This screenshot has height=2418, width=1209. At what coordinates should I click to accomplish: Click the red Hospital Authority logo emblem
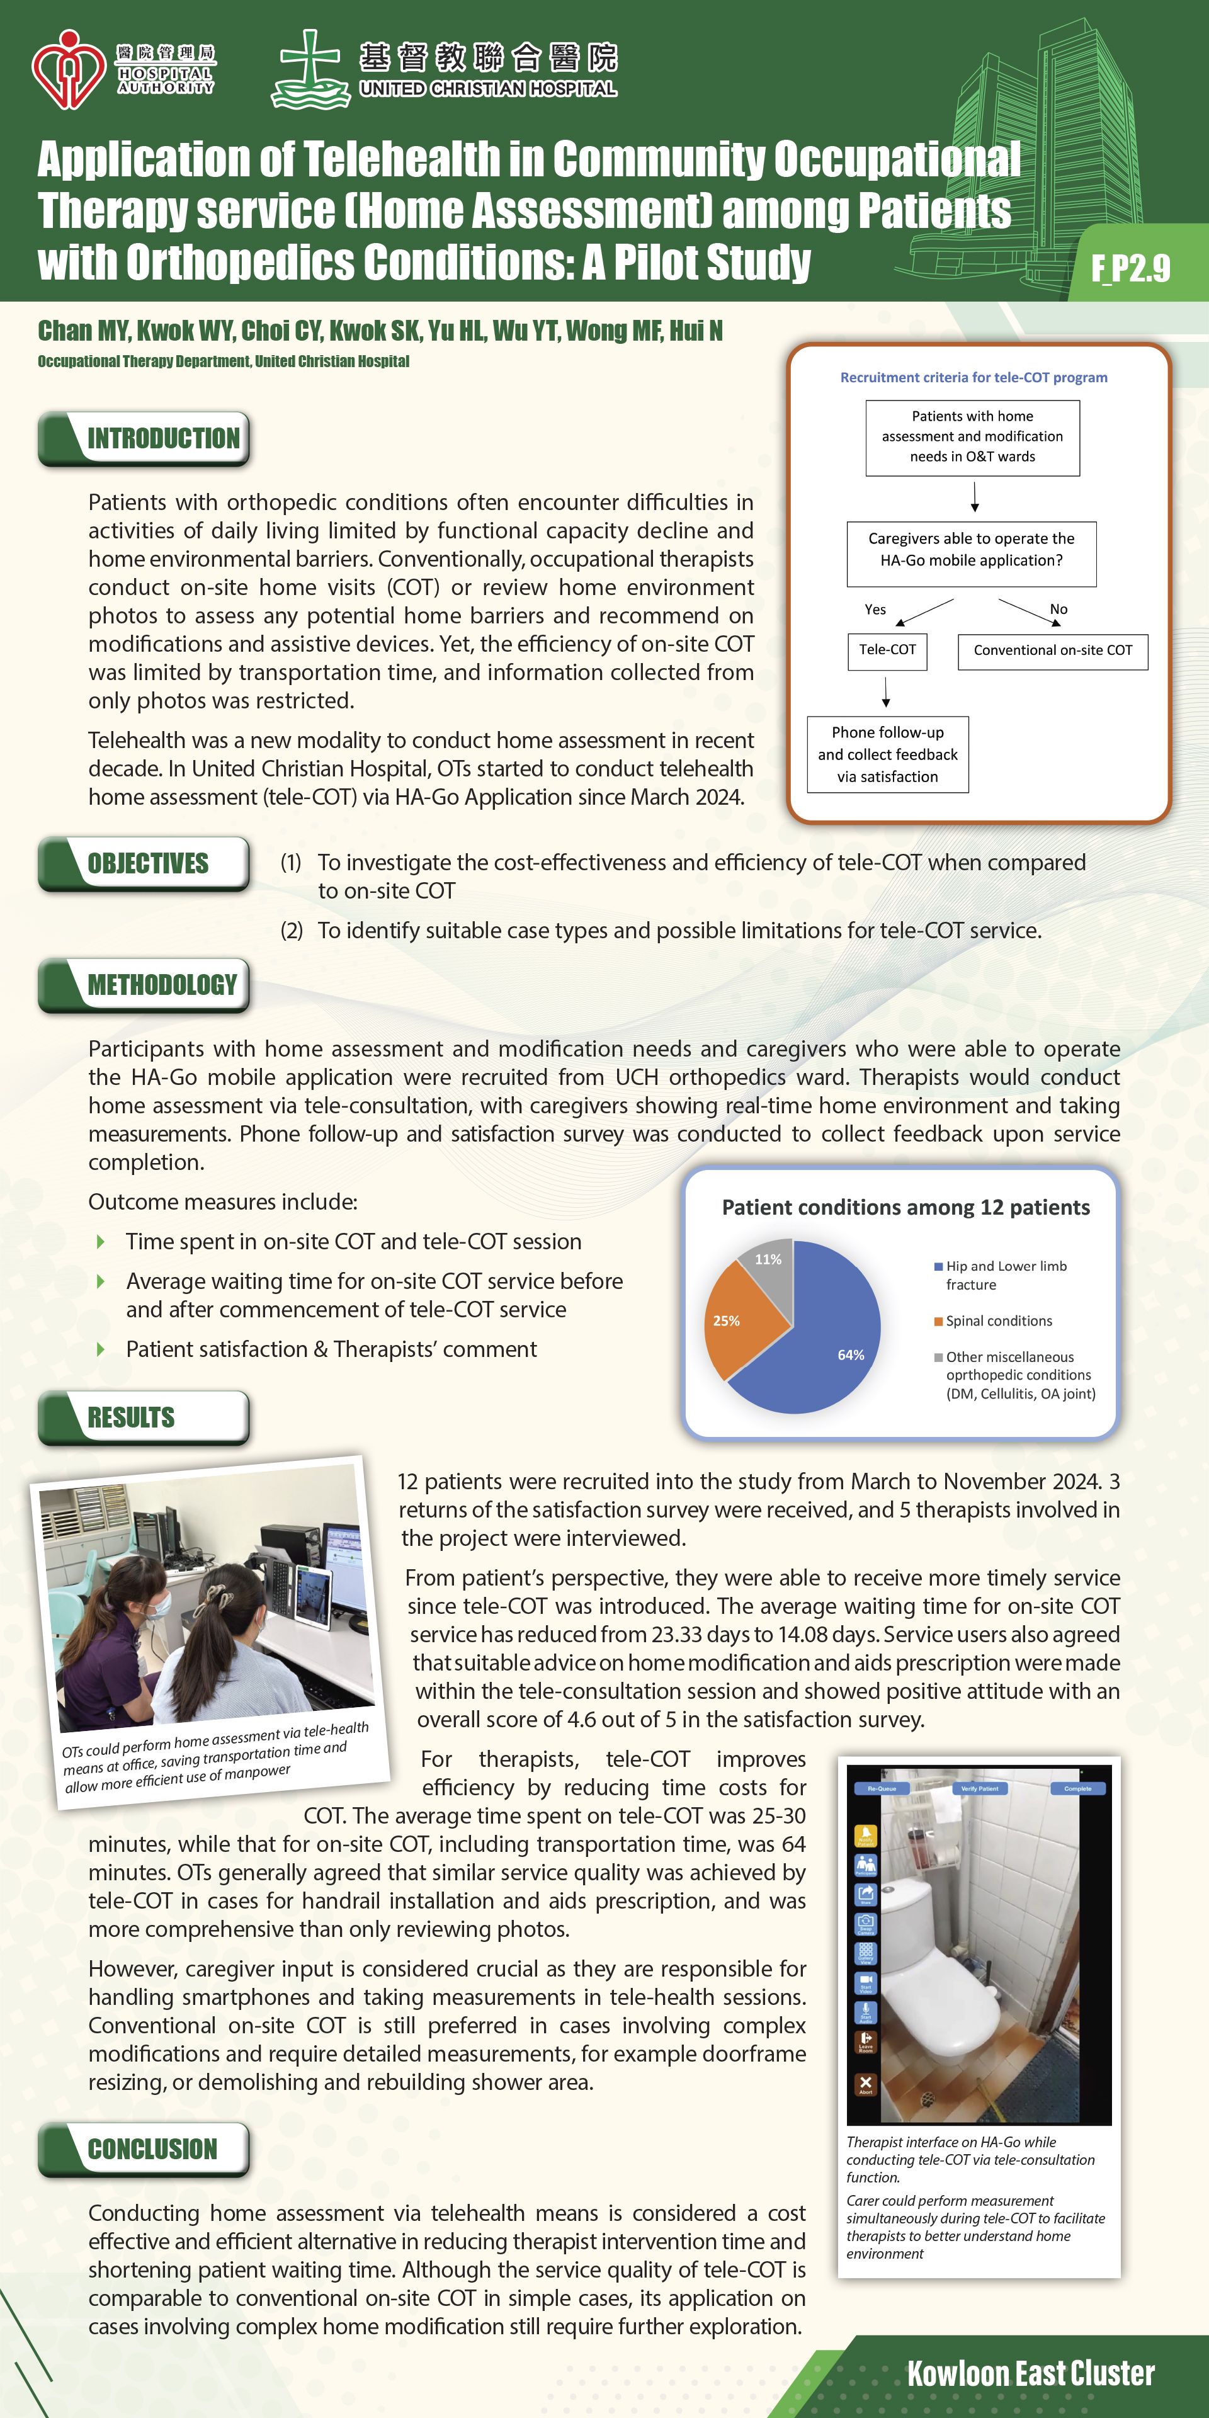pyautogui.click(x=67, y=71)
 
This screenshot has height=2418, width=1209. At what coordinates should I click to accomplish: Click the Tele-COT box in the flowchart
pyautogui.click(x=887, y=650)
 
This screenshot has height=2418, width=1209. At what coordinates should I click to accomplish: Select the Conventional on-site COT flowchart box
pyautogui.click(x=1052, y=650)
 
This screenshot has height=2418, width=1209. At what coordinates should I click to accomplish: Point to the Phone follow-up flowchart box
pyautogui.click(x=887, y=755)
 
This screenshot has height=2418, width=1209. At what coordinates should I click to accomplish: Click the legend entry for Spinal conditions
pyautogui.click(x=998, y=1320)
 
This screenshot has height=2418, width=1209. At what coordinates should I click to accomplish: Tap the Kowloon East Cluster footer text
pyautogui.click(x=1030, y=2374)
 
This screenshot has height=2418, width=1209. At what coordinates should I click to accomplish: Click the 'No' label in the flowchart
pyautogui.click(x=1058, y=609)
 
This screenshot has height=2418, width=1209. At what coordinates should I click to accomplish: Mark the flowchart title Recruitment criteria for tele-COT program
pyautogui.click(x=973, y=377)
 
